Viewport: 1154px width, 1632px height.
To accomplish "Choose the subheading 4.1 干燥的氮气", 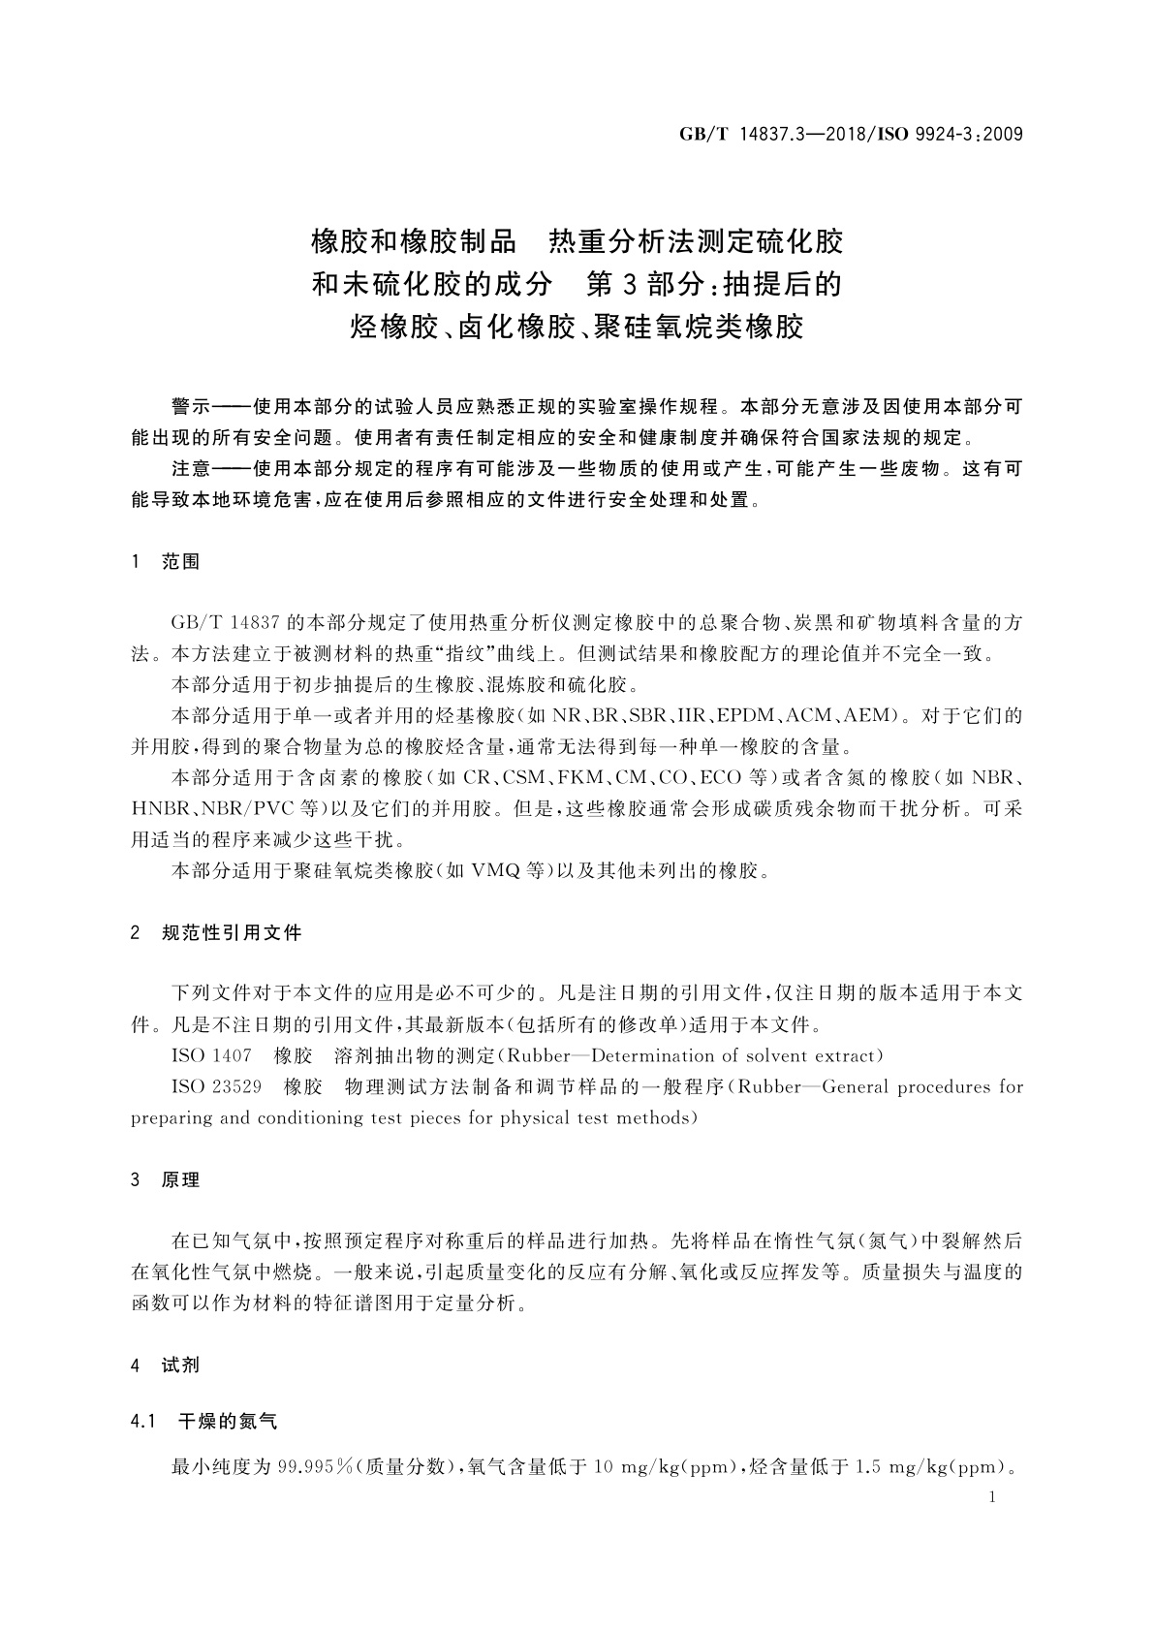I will point(203,1423).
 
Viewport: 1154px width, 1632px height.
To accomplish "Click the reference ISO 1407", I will point(211,1055).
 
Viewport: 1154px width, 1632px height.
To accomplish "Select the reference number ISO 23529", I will point(216,1086).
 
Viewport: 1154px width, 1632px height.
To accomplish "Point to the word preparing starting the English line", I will point(171,1117).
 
